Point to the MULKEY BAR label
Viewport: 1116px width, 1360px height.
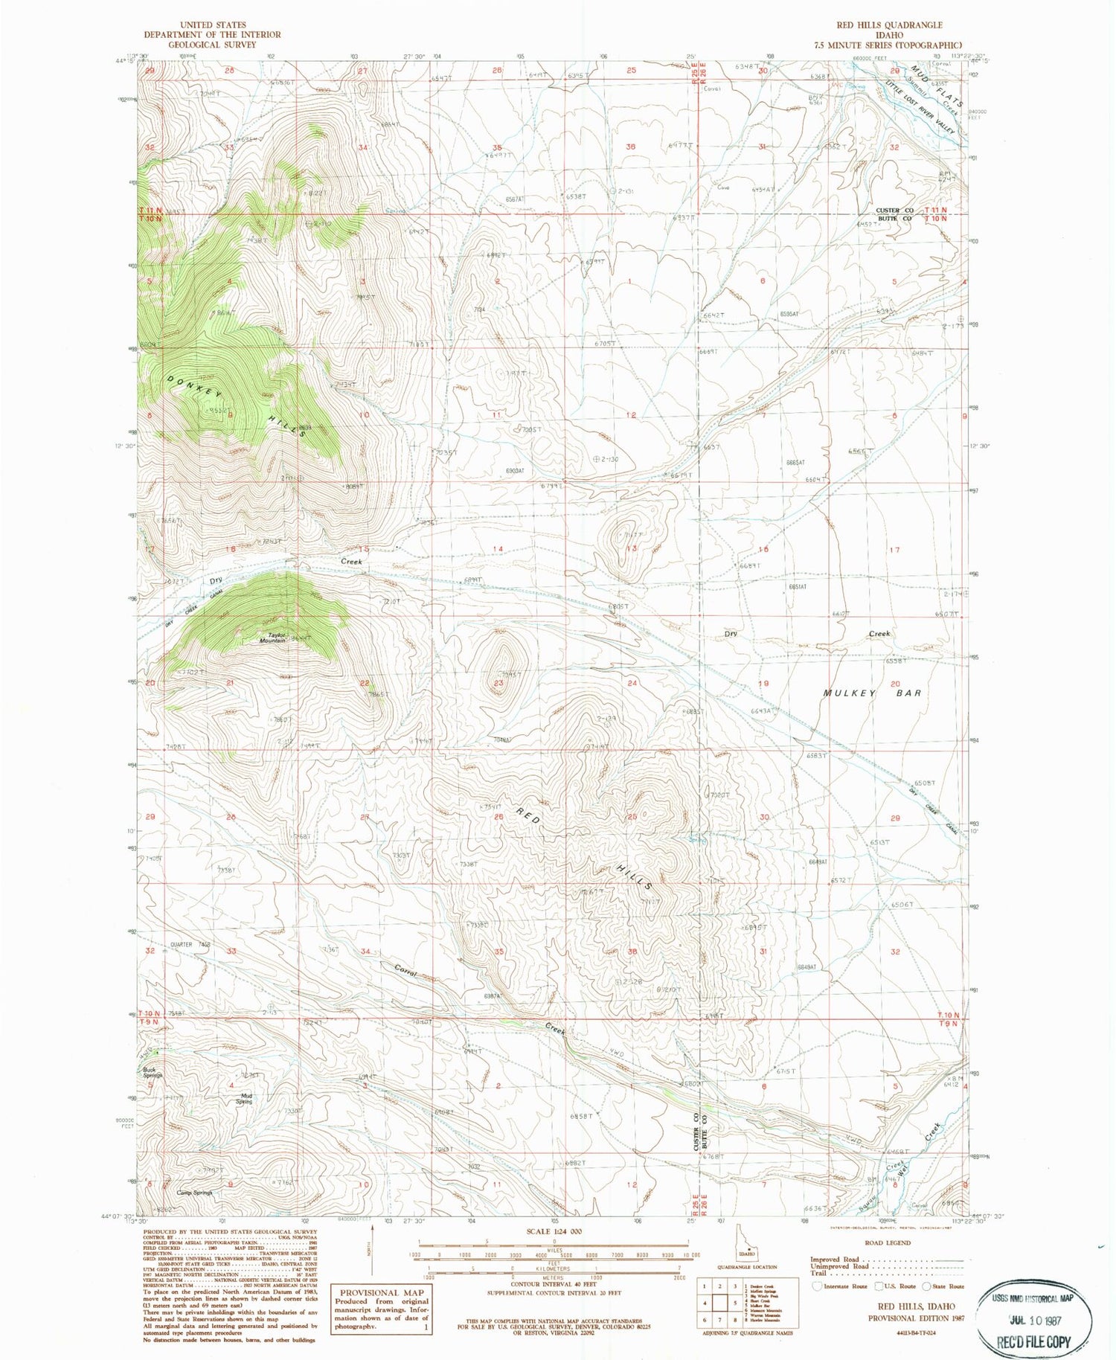coord(873,693)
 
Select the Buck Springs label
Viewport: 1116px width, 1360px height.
coord(153,1074)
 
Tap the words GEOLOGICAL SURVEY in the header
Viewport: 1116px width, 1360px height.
coord(212,45)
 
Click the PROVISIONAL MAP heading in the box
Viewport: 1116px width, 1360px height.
coord(380,1292)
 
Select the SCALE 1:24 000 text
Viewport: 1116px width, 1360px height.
coord(554,1231)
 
